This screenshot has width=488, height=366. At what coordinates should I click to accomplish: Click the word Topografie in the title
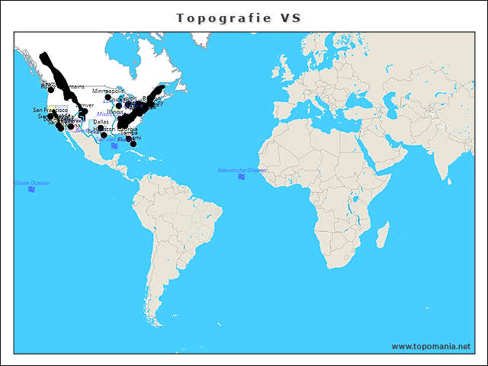(222, 18)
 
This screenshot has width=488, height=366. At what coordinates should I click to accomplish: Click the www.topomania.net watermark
(431, 346)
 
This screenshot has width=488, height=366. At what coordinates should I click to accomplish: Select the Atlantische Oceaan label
(242, 170)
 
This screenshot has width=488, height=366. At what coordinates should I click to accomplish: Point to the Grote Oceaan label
(31, 183)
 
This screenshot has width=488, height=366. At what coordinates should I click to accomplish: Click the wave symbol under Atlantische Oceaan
(242, 177)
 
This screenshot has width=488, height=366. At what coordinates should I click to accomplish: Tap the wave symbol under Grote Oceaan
(31, 189)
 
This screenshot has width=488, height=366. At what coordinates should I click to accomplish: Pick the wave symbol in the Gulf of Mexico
(114, 146)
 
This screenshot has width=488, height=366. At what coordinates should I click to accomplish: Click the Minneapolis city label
(108, 91)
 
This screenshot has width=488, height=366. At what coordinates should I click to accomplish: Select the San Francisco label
(50, 111)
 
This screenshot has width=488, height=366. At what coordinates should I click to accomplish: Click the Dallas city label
(101, 122)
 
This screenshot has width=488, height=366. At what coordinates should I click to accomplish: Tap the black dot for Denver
(85, 111)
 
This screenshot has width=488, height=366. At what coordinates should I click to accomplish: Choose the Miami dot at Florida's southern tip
(133, 144)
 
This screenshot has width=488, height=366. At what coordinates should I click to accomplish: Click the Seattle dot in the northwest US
(51, 90)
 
